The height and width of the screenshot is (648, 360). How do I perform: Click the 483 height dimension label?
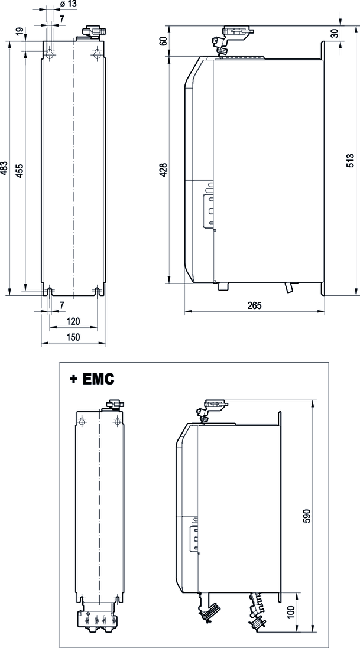[x=5, y=169]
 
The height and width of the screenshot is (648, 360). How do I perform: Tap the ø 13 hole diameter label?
[x=69, y=5]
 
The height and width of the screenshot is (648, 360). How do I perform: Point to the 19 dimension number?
[x=20, y=32]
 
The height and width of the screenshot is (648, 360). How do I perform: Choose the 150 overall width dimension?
[x=73, y=337]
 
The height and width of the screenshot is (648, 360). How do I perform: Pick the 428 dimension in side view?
[x=164, y=170]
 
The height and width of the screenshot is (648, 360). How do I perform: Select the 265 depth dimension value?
[x=254, y=305]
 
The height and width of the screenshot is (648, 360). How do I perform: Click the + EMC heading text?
[x=92, y=379]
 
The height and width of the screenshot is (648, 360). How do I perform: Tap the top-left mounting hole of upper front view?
[x=50, y=54]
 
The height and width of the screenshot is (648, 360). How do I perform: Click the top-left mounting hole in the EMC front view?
[x=82, y=421]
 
